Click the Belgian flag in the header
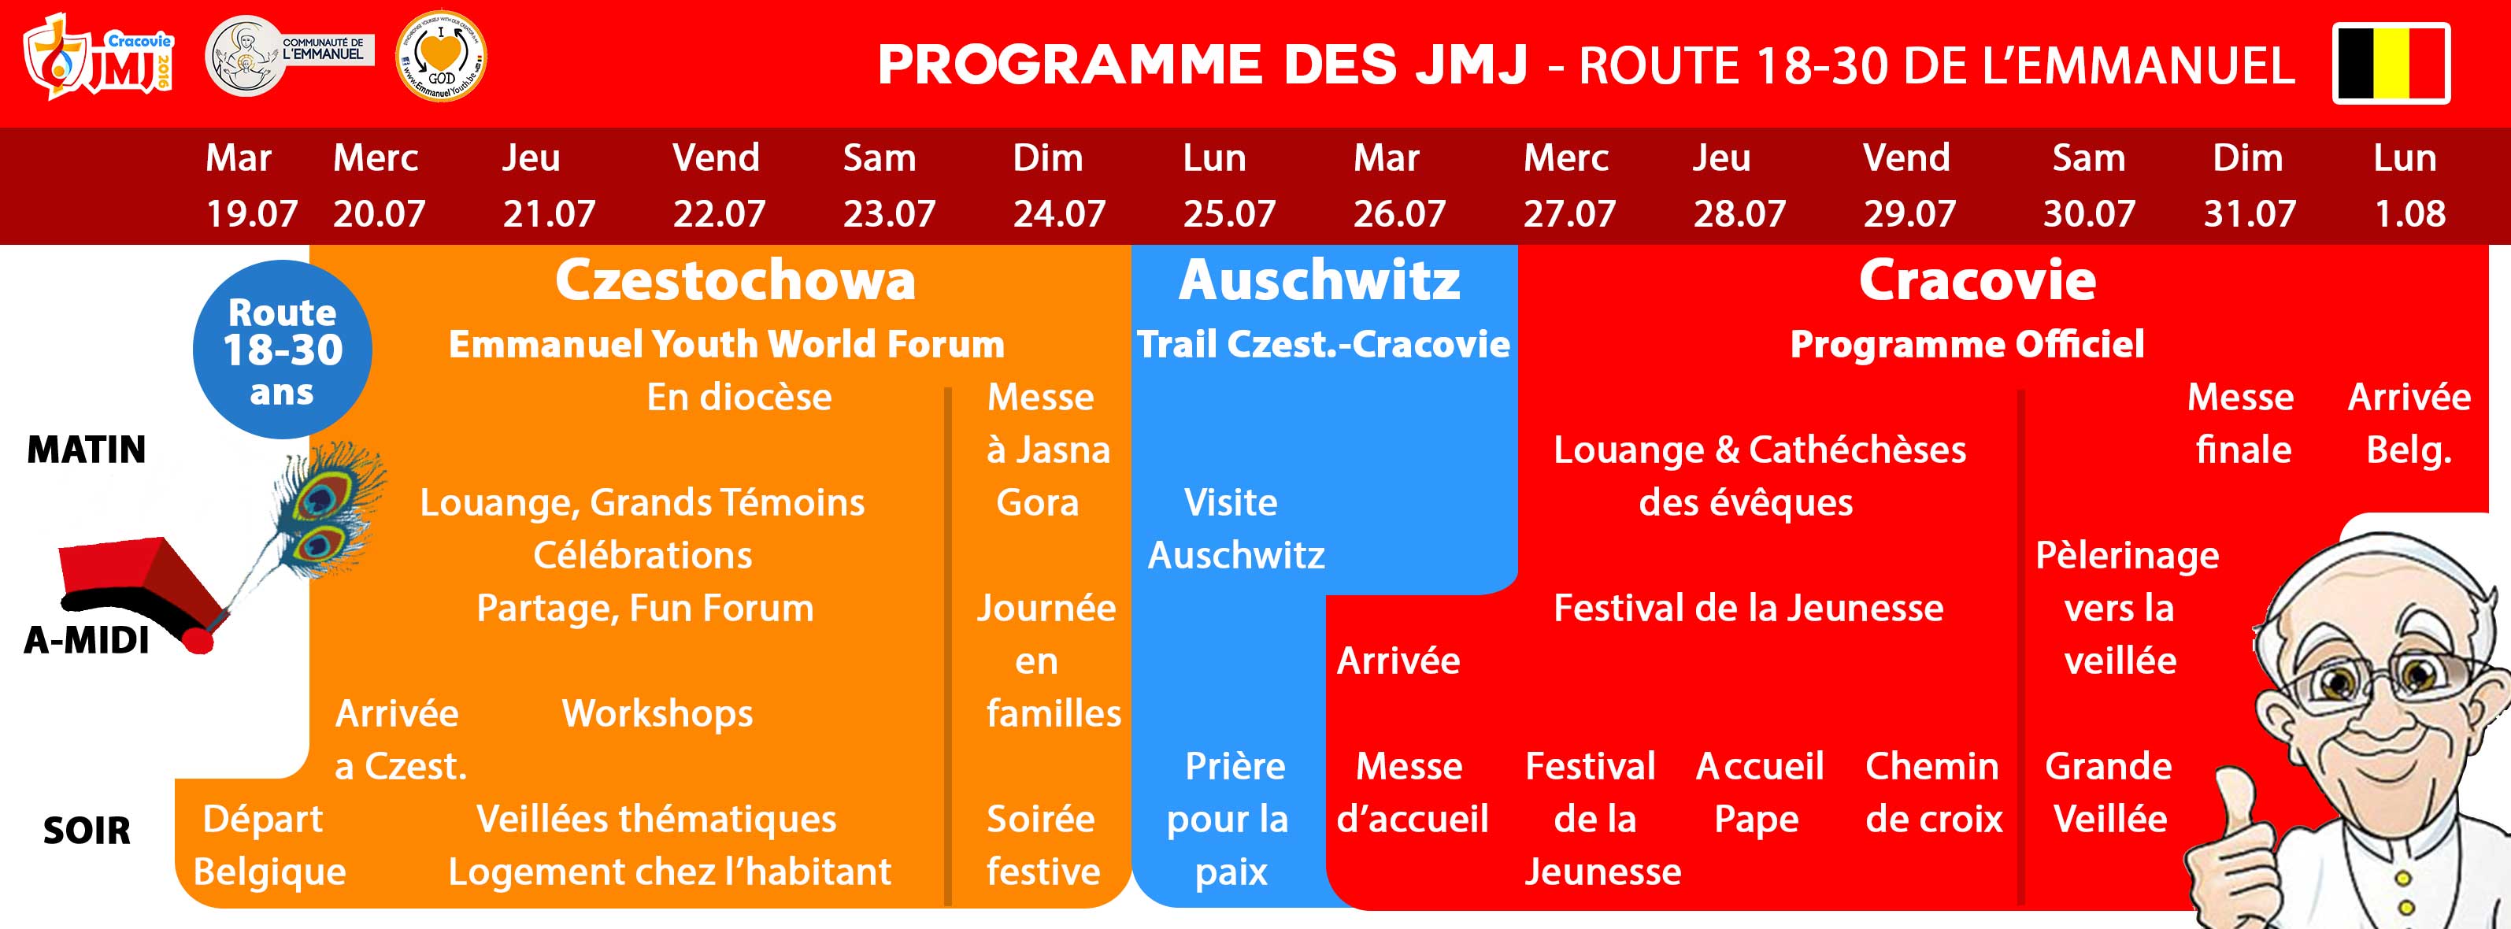(2391, 63)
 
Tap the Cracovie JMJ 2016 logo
(98, 57)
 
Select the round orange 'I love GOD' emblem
(442, 56)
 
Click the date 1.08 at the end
(2409, 213)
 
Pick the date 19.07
(251, 213)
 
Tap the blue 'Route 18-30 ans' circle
(283, 349)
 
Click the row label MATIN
(87, 450)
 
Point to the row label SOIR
(87, 831)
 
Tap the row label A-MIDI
(87, 640)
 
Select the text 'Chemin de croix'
(1934, 793)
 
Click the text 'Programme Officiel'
(1967, 344)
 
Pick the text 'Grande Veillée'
(2109, 793)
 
